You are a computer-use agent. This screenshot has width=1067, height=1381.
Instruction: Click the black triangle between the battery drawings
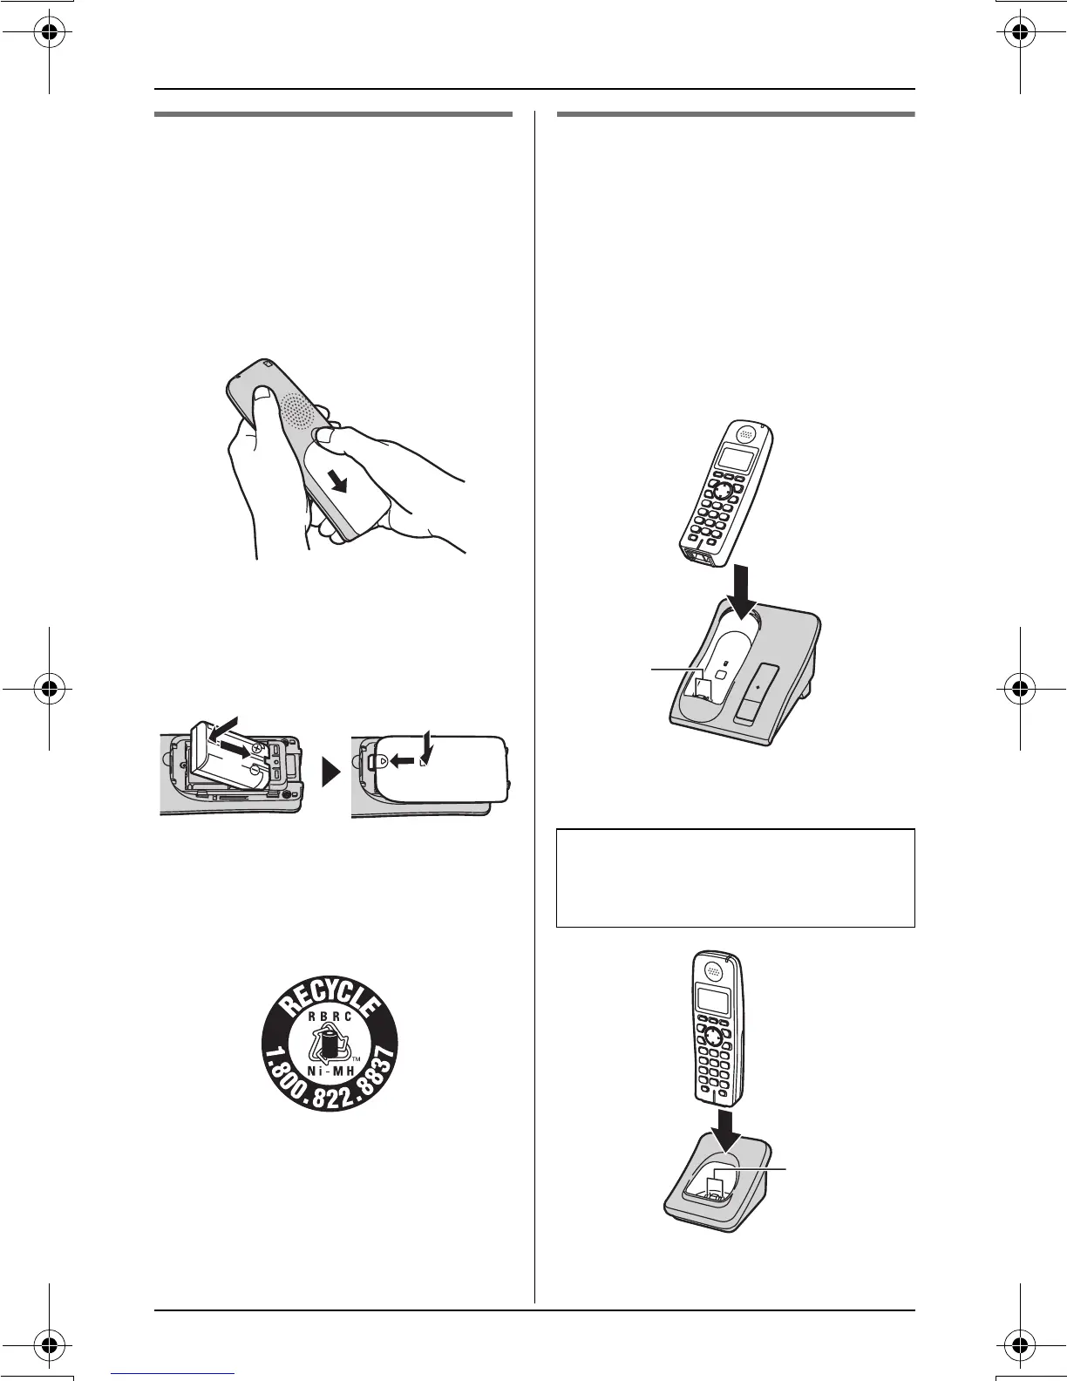click(328, 772)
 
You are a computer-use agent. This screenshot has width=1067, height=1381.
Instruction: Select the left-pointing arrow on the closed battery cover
click(401, 762)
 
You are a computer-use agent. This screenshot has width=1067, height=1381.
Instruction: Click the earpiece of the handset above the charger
click(712, 969)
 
